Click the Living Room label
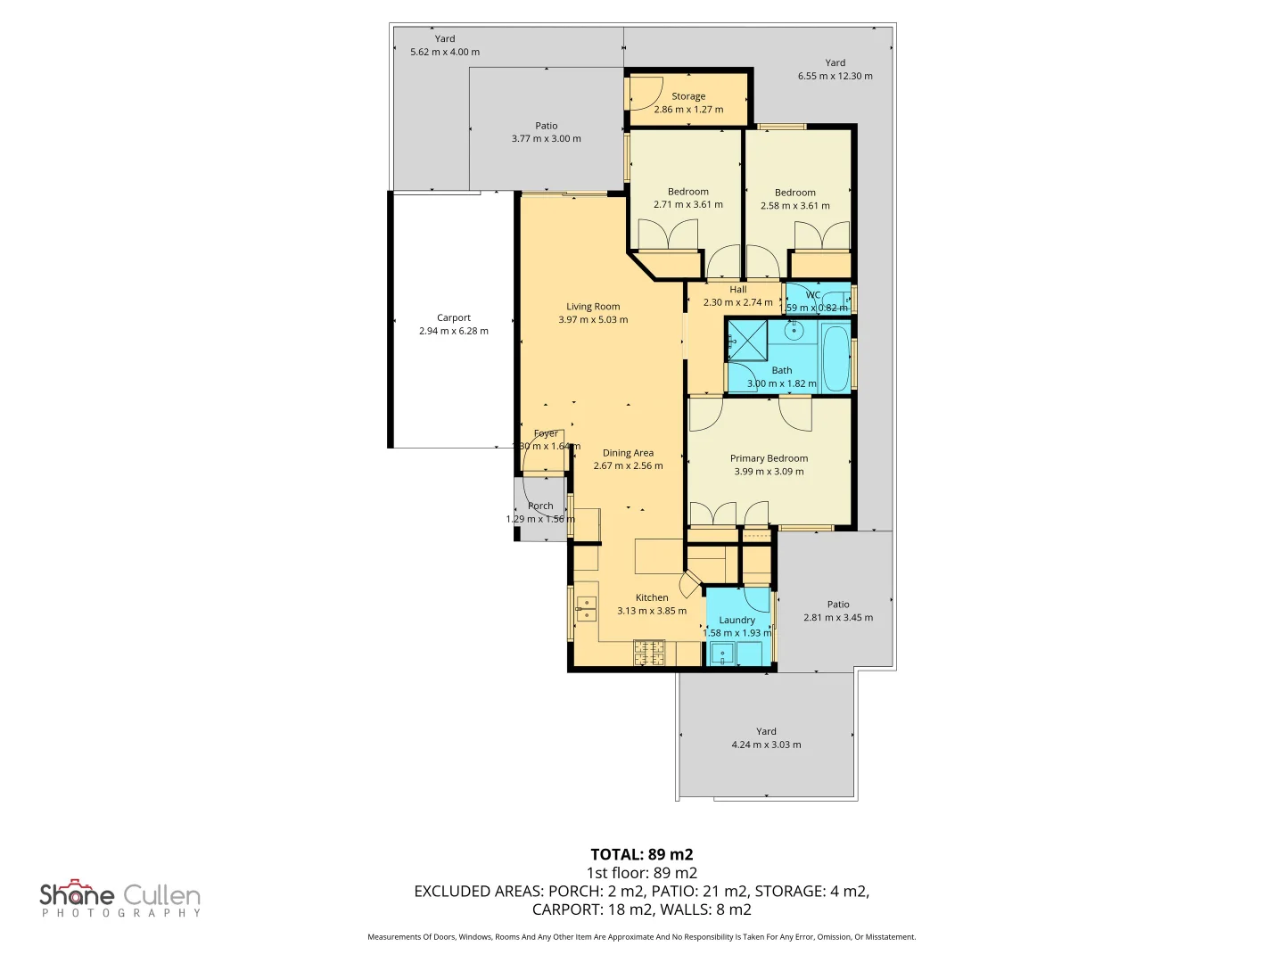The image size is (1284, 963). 593,307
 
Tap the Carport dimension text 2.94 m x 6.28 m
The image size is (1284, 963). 454,331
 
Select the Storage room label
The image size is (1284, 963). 688,96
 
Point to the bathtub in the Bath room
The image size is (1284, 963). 835,358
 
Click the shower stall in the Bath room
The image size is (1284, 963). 747,341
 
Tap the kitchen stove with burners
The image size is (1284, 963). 649,653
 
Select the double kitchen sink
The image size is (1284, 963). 586,608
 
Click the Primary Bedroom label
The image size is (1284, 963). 769,458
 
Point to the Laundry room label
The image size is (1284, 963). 737,620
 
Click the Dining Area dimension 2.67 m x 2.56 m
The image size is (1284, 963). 629,465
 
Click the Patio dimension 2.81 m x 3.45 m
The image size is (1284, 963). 838,617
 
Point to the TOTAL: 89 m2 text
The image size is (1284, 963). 641,854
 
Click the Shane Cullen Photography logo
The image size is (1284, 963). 120,898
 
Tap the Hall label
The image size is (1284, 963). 738,290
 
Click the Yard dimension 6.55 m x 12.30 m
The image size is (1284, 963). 835,76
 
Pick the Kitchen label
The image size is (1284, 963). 652,598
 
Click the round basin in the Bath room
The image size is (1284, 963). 794,332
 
